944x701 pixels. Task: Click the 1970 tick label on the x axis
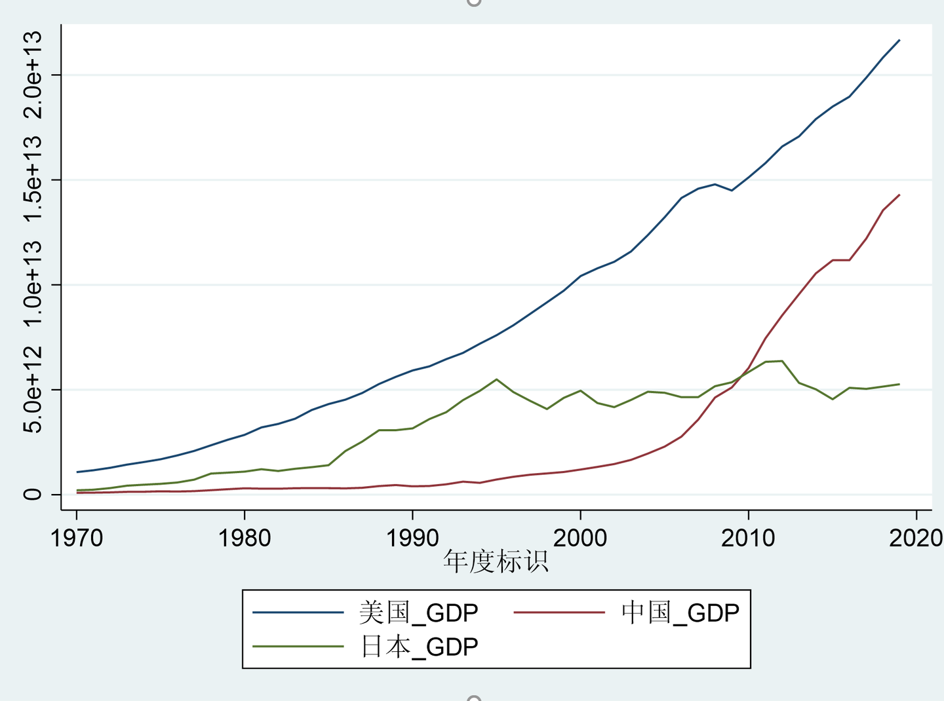point(77,539)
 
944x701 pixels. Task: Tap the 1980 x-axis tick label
point(245,539)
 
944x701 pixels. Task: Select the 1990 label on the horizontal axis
point(412,539)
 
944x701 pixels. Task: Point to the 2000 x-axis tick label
point(580,539)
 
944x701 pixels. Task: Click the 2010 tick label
point(748,539)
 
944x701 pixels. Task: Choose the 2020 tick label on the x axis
point(915,539)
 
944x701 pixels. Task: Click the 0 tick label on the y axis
point(33,494)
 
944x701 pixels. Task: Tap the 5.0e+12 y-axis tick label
point(33,389)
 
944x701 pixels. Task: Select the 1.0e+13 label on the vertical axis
point(33,284)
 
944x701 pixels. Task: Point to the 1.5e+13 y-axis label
point(33,180)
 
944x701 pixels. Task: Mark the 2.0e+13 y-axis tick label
point(33,75)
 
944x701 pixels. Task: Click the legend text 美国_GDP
point(418,613)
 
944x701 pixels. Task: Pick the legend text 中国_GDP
point(680,613)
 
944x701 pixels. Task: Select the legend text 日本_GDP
point(418,647)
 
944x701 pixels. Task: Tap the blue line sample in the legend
point(298,613)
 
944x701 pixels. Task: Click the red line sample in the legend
point(559,613)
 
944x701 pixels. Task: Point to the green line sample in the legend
point(298,647)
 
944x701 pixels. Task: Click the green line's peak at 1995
point(496,379)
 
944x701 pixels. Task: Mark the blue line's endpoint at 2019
point(899,40)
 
